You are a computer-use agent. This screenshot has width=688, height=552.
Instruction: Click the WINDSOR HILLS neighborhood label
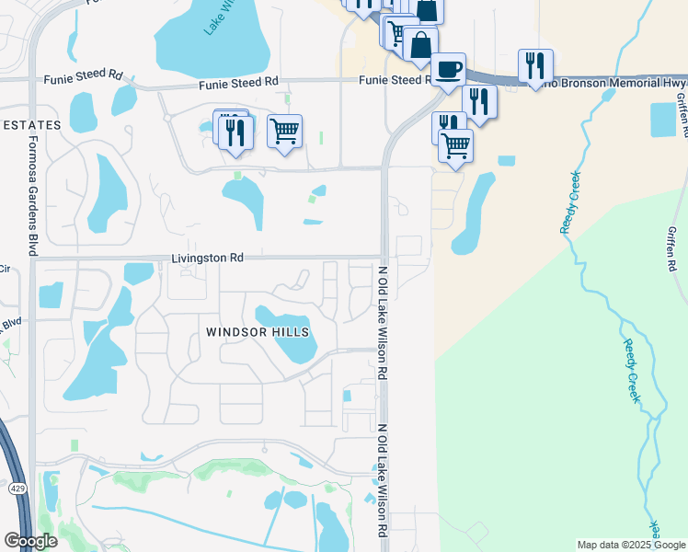coord(258,332)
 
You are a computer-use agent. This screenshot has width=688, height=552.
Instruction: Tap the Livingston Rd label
coord(207,259)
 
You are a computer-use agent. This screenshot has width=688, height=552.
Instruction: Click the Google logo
coord(30,541)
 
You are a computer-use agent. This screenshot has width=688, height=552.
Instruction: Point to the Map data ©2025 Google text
coord(630,545)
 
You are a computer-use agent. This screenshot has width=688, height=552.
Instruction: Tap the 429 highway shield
coord(18,489)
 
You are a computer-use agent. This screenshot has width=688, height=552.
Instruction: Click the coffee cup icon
coord(448,70)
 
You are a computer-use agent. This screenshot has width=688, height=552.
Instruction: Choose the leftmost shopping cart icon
coord(285,131)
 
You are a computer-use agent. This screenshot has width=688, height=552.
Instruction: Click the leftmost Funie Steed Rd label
coord(83,81)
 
